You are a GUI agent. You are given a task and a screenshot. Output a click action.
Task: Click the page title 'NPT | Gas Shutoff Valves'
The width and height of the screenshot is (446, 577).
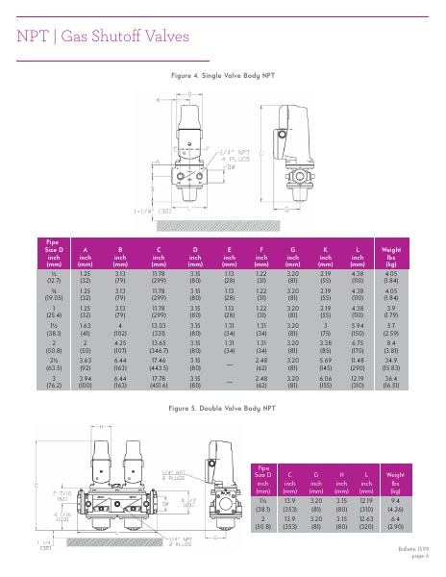tap(107, 36)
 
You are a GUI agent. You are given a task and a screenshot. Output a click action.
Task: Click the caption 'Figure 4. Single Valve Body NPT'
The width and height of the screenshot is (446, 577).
tap(222, 74)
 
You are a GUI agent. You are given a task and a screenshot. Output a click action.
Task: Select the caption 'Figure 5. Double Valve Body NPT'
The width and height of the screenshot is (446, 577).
tap(222, 408)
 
